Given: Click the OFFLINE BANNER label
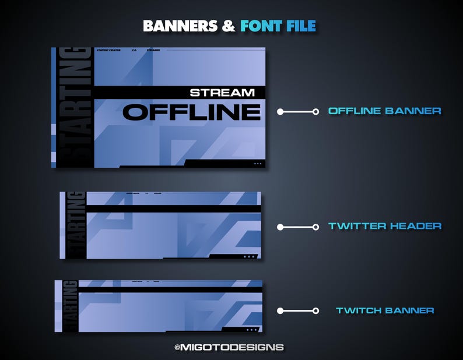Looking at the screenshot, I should tap(384, 111).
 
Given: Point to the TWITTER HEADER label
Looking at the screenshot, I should tap(385, 226).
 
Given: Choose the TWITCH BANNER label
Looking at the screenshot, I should tap(385, 310).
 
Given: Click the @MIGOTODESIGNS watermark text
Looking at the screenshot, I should tap(229, 347).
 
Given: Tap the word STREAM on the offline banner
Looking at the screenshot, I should tap(222, 93).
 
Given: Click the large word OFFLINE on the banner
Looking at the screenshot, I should tap(191, 112).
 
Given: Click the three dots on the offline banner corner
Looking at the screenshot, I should tap(258, 164).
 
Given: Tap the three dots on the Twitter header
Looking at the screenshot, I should tap(249, 256).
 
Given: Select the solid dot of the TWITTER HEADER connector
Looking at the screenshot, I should tap(280, 227).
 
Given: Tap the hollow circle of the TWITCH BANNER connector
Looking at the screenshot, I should tap(315, 311).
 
